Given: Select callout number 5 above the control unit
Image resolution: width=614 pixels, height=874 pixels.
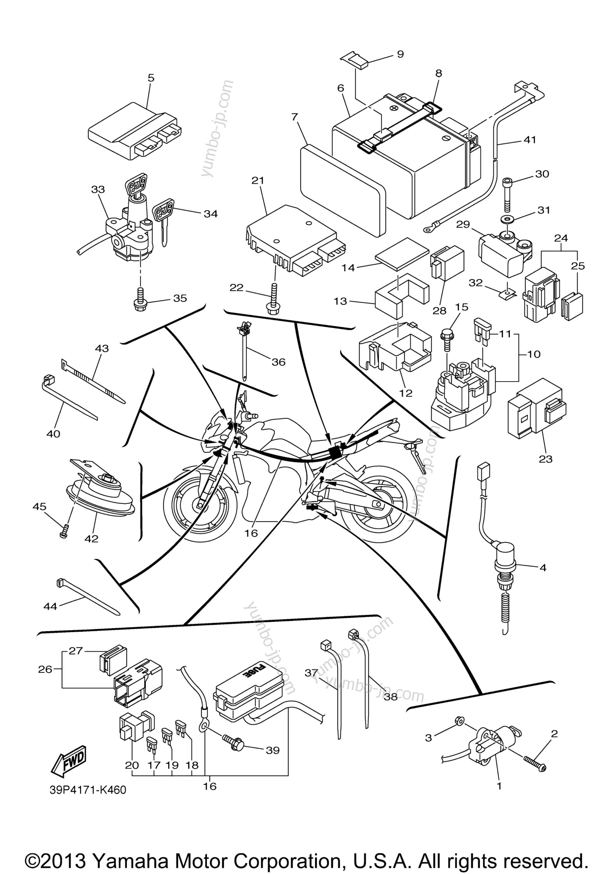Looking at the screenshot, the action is pyautogui.click(x=151, y=78).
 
